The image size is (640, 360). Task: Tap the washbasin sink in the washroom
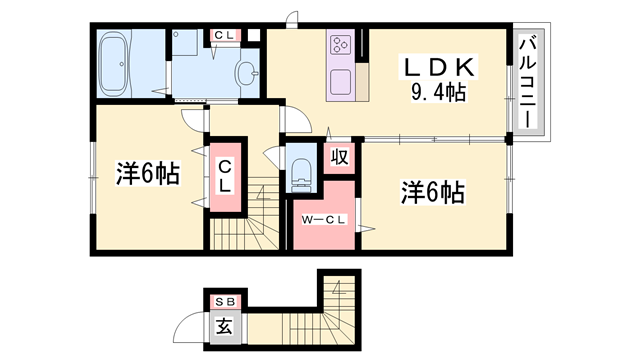click(246, 72)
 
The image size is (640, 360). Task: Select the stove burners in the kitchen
click(341, 45)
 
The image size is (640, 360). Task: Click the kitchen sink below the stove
click(340, 80)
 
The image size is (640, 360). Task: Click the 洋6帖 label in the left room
click(147, 174)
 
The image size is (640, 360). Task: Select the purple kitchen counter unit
click(341, 65)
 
